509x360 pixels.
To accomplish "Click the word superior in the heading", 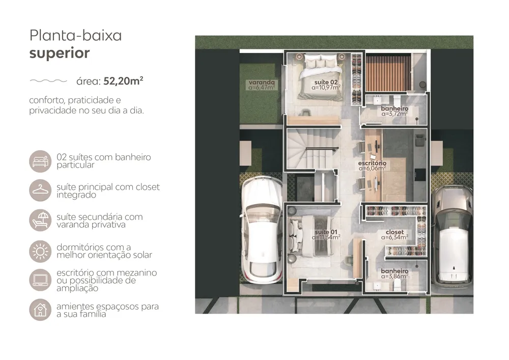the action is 60,53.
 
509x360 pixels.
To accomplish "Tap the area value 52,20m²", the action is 123,81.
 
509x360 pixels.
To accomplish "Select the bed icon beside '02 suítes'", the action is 40,161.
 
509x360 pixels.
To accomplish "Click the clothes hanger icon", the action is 40,190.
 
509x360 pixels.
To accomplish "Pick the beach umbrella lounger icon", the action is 40,220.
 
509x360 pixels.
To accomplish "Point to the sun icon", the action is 40,251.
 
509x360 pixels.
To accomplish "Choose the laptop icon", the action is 40,280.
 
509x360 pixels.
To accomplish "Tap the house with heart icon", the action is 40,310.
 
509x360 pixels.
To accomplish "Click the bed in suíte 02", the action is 321,77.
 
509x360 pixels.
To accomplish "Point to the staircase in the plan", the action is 312,149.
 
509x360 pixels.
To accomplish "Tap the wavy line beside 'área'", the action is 48,81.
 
